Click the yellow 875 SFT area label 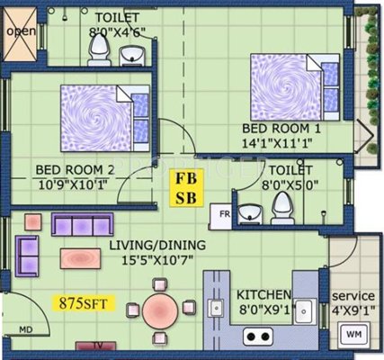[x=84, y=303]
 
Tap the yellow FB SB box [x=186, y=188]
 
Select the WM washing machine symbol [x=353, y=334]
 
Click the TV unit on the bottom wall [x=95, y=346]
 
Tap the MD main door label [x=26, y=330]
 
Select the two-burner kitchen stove [x=258, y=337]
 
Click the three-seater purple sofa [x=83, y=224]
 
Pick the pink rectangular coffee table [x=80, y=258]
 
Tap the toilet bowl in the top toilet [x=100, y=50]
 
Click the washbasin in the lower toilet [x=250, y=214]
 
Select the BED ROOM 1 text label [x=281, y=129]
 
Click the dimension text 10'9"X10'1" [x=73, y=184]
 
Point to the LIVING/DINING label [x=157, y=246]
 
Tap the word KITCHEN [x=263, y=295]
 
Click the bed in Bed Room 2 [x=105, y=118]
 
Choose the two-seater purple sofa [x=27, y=256]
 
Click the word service [x=353, y=296]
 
